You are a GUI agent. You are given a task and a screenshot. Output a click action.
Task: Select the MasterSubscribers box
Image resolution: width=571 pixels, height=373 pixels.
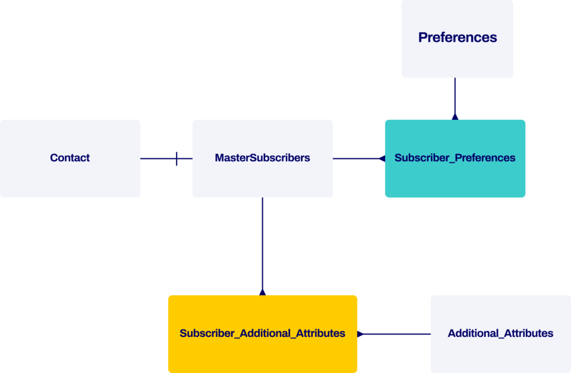[x=262, y=178]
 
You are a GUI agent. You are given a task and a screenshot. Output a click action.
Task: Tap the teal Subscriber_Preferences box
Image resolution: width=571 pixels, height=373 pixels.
[x=455, y=178]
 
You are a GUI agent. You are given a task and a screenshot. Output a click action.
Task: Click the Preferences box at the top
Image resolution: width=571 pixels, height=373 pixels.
[x=457, y=58]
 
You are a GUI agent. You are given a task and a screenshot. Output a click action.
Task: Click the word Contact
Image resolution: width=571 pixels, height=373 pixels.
[x=70, y=158]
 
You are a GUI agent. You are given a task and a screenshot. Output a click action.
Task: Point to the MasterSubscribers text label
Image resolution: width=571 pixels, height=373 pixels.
[x=262, y=158]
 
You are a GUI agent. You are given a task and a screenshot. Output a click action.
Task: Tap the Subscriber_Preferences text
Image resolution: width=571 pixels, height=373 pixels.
[x=455, y=158]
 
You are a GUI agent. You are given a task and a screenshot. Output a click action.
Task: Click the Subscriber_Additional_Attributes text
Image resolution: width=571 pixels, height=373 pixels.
[x=262, y=333]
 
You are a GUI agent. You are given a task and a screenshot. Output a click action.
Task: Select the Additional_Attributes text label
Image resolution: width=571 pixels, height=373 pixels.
[x=500, y=333]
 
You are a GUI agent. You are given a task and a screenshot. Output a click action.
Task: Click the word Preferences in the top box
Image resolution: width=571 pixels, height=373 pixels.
[x=457, y=37]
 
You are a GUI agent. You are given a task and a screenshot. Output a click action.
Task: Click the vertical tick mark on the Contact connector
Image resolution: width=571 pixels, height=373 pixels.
[x=176, y=159]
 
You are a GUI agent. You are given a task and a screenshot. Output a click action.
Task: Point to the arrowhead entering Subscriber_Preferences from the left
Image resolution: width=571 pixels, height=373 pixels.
[x=382, y=159]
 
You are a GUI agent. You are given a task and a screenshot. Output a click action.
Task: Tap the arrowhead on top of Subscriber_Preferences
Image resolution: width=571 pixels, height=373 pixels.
[x=455, y=117]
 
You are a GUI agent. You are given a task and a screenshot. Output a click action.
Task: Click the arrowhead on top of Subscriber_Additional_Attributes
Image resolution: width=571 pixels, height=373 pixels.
[x=262, y=292]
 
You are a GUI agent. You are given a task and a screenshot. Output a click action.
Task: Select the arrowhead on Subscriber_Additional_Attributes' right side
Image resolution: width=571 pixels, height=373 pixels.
[x=360, y=334]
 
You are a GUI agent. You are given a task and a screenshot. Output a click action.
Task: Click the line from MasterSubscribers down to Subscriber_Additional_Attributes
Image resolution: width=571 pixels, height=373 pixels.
[x=262, y=245]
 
